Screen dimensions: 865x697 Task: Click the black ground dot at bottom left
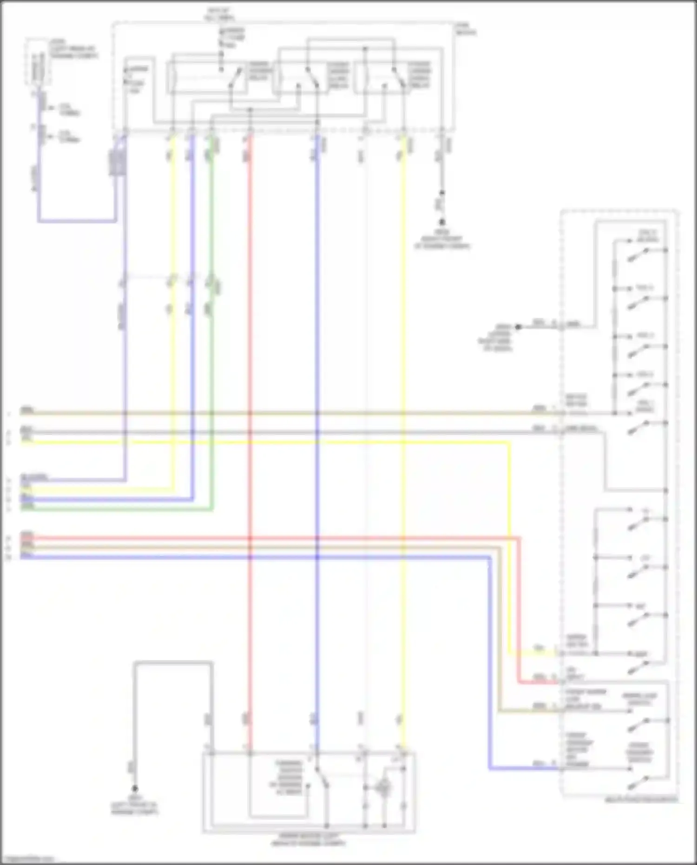(135, 788)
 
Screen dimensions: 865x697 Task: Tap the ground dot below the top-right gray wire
(442, 223)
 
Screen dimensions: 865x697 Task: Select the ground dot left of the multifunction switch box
(518, 327)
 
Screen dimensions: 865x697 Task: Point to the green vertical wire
(212, 372)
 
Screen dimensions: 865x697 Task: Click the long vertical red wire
(250, 372)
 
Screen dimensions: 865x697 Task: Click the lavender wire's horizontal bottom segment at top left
(77, 221)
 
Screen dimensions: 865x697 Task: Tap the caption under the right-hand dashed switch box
(641, 800)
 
